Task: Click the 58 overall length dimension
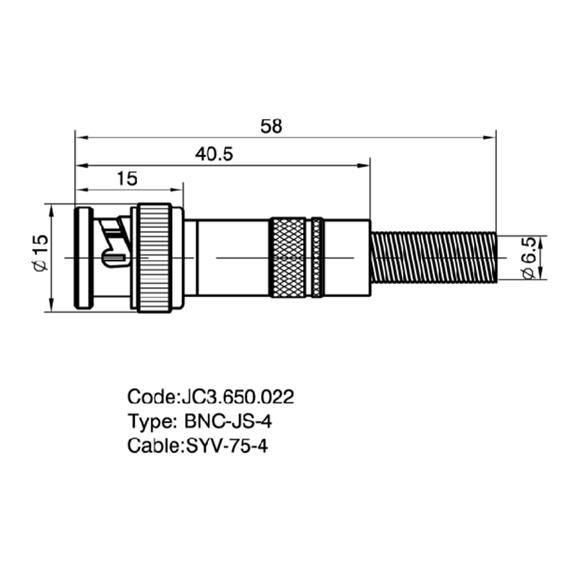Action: tap(271, 126)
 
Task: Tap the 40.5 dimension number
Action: tap(214, 154)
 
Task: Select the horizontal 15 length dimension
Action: tap(127, 179)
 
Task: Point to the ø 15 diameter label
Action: tap(41, 252)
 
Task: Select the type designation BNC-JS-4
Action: tap(228, 421)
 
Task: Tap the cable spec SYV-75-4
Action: tap(227, 446)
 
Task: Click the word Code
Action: tap(151, 397)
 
